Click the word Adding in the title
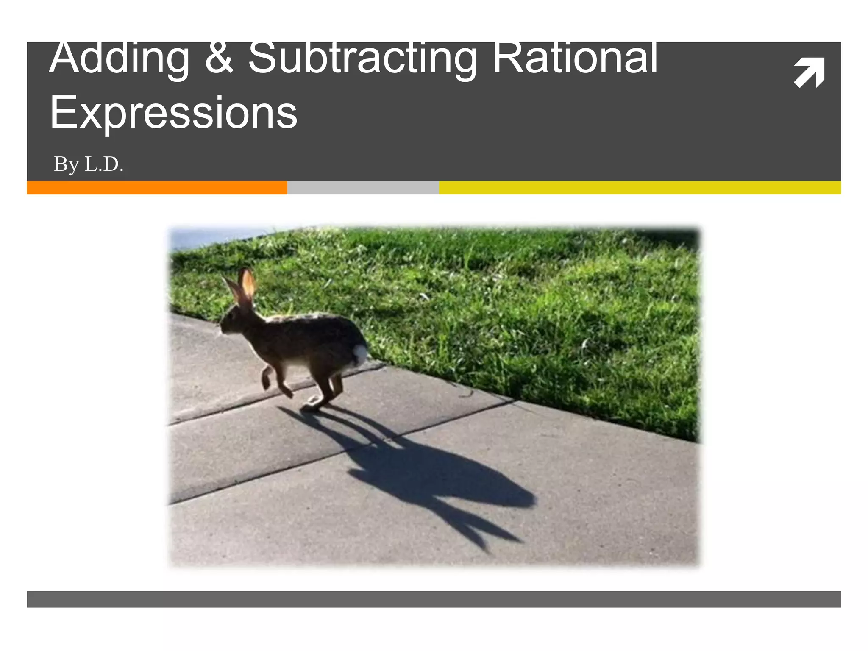tap(119, 59)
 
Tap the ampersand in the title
tap(219, 59)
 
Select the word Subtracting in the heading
tap(362, 59)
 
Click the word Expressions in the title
tap(174, 112)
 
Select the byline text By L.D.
tap(89, 164)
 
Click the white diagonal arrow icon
tap(809, 72)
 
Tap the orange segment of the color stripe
tap(157, 187)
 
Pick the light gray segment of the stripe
tap(363, 187)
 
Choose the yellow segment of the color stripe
tap(640, 187)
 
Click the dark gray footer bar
tap(434, 599)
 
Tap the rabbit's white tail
tap(360, 353)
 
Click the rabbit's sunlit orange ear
tap(248, 284)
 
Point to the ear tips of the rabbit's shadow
tap(496, 542)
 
